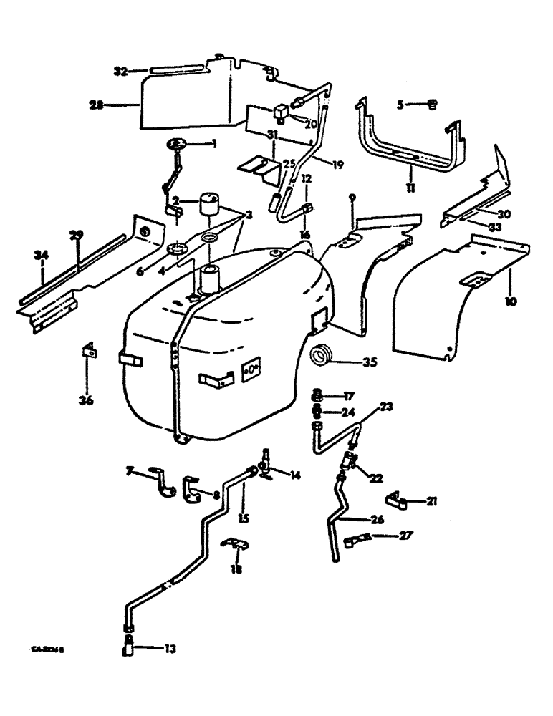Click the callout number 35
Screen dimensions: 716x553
(x=369, y=362)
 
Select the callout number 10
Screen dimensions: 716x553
(x=509, y=301)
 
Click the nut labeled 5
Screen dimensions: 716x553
(x=431, y=105)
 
